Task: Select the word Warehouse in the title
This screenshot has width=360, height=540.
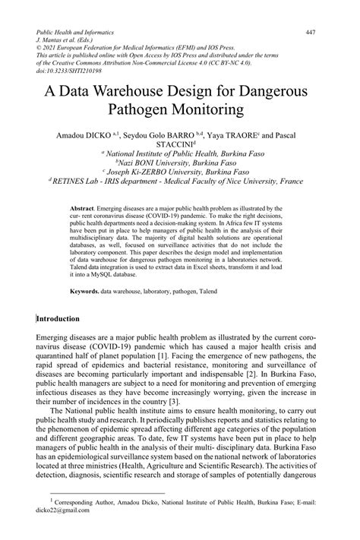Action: coord(144,92)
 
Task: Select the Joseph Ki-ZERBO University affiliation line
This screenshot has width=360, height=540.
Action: coord(181,172)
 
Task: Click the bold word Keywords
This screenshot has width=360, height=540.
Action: coord(86,290)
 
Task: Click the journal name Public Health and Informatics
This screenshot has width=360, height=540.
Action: coord(75,33)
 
